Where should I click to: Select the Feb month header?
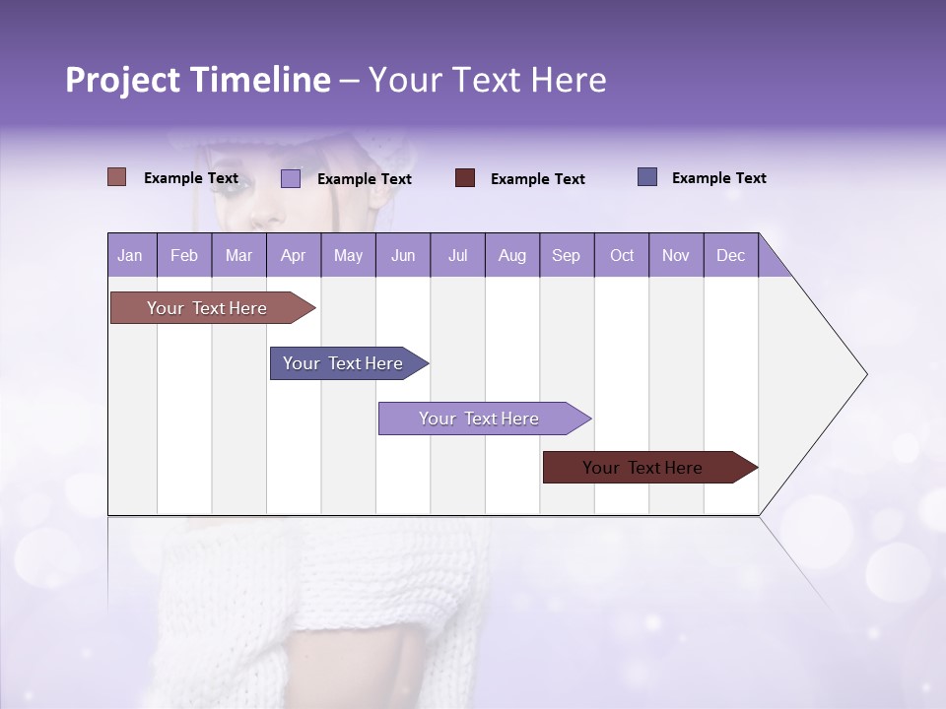point(184,255)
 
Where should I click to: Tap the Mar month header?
point(238,255)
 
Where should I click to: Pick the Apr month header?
point(293,255)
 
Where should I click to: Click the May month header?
point(348,255)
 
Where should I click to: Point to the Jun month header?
point(403,255)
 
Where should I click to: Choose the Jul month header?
point(457,255)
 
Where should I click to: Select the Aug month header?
point(511,255)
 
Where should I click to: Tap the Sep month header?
point(566,255)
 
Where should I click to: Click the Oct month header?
point(622,255)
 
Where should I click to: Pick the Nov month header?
point(676,255)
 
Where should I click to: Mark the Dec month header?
point(730,255)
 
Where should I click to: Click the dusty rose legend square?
point(117,177)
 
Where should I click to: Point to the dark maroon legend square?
point(465,178)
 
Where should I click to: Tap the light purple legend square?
point(291,178)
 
